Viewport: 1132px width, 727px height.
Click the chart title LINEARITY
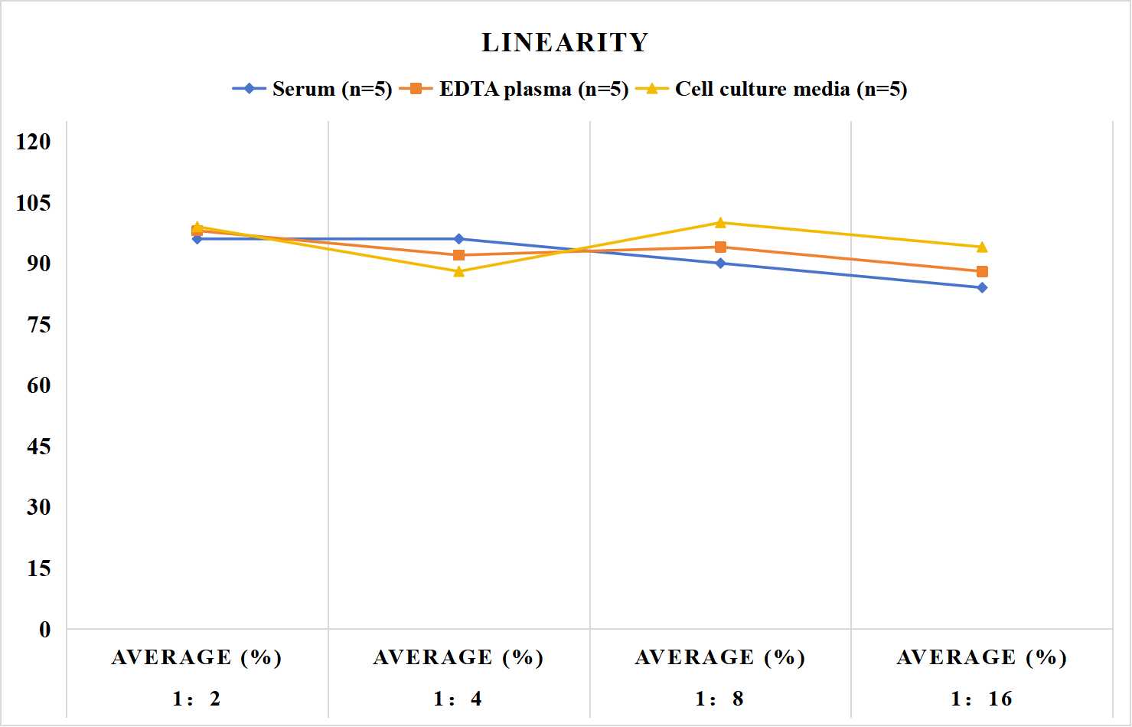pyautogui.click(x=565, y=42)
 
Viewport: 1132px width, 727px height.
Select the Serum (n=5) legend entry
pyautogui.click(x=312, y=89)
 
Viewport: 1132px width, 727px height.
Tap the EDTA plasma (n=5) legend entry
pyautogui.click(x=514, y=89)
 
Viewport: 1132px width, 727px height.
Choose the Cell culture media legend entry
pyautogui.click(x=772, y=89)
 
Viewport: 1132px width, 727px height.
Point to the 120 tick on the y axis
pyautogui.click(x=34, y=142)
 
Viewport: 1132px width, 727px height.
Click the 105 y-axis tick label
pyautogui.click(x=34, y=203)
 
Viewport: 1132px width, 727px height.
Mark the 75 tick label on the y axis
pyautogui.click(x=39, y=325)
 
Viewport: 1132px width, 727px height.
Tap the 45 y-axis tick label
pyautogui.click(x=39, y=447)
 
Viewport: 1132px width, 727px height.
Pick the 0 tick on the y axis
pyautogui.click(x=45, y=630)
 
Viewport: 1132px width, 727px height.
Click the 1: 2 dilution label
pyautogui.click(x=197, y=699)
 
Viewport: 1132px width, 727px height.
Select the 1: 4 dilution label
pyautogui.click(x=458, y=699)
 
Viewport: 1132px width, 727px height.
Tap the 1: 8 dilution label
pyautogui.click(x=719, y=699)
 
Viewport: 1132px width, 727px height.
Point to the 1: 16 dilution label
pyautogui.click(x=981, y=699)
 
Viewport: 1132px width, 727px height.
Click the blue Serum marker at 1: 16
pyautogui.click(x=982, y=288)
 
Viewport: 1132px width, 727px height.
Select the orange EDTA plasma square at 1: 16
pyautogui.click(x=982, y=272)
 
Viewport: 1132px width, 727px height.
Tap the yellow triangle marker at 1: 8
pyautogui.click(x=721, y=223)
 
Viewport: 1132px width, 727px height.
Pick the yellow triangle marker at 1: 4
pyautogui.click(x=459, y=272)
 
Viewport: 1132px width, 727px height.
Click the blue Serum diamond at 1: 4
pyautogui.click(x=459, y=239)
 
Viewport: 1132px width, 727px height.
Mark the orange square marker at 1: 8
pyautogui.click(x=721, y=247)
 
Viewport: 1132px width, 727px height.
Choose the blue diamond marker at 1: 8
pyautogui.click(x=721, y=264)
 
